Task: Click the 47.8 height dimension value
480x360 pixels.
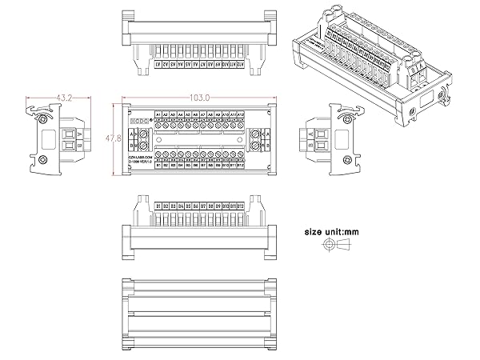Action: tap(114, 138)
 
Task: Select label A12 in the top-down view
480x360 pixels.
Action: tap(241, 114)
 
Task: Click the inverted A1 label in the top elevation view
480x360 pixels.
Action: tap(158, 63)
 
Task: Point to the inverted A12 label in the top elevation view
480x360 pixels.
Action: tap(241, 63)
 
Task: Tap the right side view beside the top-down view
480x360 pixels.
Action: tap(329, 139)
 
